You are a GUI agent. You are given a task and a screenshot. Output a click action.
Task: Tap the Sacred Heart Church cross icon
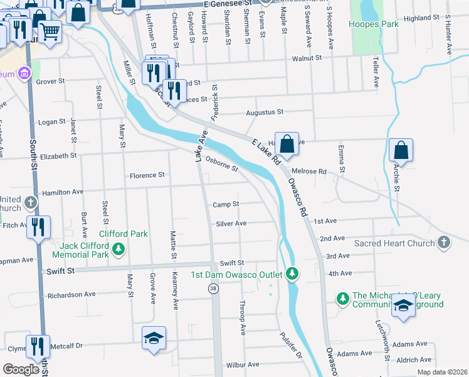pos(444,243)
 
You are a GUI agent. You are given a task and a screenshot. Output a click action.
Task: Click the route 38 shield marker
pos(213,287)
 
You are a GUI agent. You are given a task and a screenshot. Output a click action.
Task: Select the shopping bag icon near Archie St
pos(401,151)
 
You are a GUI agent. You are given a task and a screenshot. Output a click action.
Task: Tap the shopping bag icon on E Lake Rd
pos(287,144)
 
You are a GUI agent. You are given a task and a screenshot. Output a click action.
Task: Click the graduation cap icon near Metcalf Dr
pos(154,337)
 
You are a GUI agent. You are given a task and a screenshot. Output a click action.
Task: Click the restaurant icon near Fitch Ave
pos(38,226)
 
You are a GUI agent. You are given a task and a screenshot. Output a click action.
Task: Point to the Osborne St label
pos(222,164)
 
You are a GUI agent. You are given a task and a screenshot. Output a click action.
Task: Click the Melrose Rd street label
pos(314,172)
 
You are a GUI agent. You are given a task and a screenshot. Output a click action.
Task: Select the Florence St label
pos(147,175)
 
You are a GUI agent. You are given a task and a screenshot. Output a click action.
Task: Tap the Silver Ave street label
pos(231,223)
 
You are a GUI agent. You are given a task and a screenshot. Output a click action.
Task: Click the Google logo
pos(21,369)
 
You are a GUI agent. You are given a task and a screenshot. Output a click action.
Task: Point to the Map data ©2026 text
pos(443,372)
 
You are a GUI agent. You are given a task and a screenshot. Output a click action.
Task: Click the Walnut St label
pos(307,58)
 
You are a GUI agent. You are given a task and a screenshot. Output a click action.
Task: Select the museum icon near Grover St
pos(24,74)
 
